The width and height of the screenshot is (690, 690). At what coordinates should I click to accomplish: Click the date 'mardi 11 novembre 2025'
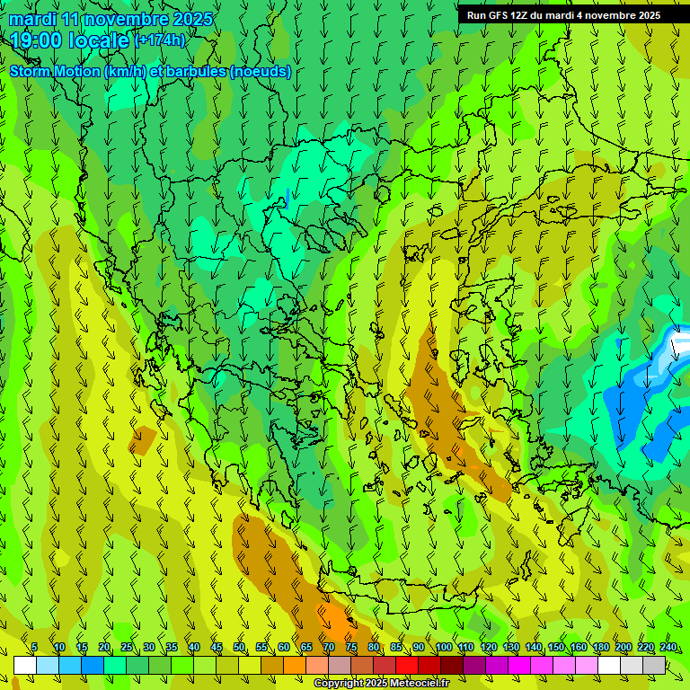point(111,19)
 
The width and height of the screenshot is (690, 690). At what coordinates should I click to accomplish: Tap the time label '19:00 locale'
point(70,40)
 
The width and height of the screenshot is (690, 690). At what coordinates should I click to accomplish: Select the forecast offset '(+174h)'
point(160,40)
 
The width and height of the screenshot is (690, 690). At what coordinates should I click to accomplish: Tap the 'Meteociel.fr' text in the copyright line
point(416,684)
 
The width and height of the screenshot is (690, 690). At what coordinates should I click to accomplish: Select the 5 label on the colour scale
point(34,648)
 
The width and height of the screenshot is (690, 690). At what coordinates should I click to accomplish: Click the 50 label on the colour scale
point(239,648)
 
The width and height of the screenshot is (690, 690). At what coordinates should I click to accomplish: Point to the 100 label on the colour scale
point(443,648)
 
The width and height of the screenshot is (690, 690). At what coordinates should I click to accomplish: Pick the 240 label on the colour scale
point(668,648)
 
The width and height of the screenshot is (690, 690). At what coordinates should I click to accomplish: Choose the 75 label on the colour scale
point(351,648)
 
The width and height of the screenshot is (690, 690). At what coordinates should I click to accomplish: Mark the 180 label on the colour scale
point(600,648)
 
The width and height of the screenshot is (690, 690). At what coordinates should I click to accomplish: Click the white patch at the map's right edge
point(682,345)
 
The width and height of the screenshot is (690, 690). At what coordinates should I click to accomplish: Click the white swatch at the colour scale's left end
point(24,665)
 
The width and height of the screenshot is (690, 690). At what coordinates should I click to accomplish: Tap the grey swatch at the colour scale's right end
point(654,665)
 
